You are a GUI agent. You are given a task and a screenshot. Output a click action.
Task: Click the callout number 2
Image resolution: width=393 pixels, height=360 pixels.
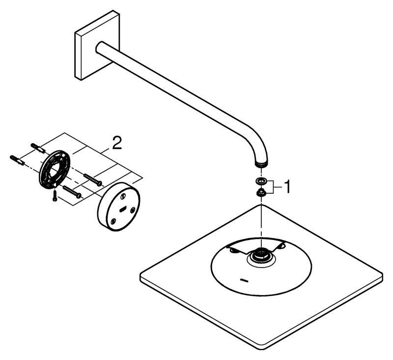(117, 143)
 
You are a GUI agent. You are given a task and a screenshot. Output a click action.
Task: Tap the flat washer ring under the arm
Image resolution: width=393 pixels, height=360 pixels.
(261, 180)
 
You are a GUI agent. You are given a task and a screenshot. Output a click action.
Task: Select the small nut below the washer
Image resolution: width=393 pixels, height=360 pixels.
(261, 193)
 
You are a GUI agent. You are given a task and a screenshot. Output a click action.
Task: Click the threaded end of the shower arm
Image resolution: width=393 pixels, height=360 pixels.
(261, 164)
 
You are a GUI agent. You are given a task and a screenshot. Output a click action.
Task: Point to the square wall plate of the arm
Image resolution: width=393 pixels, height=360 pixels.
(97, 45)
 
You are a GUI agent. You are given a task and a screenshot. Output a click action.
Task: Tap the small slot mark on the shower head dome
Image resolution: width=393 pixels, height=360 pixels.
(244, 279)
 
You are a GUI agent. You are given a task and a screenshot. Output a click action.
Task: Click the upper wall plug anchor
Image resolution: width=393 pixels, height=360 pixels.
(38, 148)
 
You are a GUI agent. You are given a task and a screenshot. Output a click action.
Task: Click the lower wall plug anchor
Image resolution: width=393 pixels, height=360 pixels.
(17, 160)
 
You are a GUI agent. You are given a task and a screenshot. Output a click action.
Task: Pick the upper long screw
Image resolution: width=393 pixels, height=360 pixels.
(93, 180)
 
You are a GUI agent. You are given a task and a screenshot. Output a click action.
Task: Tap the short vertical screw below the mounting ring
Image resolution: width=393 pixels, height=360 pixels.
(55, 196)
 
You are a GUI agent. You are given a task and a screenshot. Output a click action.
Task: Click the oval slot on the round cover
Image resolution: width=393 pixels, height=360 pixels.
(123, 209)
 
